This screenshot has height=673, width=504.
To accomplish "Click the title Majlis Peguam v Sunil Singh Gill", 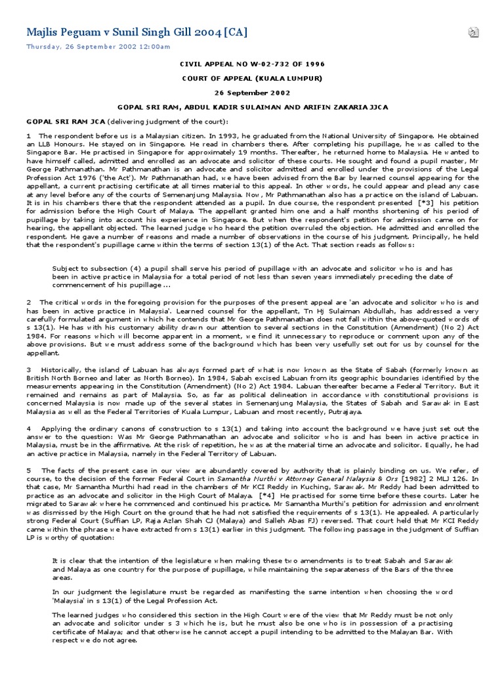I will (x=136, y=33).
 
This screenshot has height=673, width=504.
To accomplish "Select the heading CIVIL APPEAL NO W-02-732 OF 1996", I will (x=252, y=65).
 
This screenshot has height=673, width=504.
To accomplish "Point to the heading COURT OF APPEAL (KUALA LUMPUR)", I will (x=252, y=78).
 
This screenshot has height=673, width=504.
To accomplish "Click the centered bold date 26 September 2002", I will (x=252, y=92).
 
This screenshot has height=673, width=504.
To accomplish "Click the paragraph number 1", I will (x=28, y=135).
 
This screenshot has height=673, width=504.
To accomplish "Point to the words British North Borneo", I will (x=58, y=379).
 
